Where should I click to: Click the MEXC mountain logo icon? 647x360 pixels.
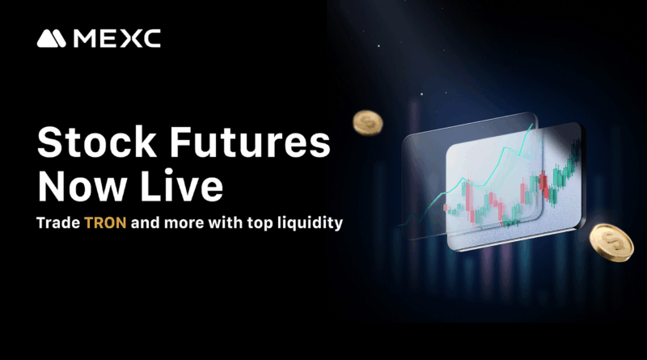point(51,38)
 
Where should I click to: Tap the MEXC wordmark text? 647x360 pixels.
point(116,38)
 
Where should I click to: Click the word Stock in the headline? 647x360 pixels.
point(97,142)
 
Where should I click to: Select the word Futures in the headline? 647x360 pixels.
point(250,142)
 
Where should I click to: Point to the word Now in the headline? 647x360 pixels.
point(82,186)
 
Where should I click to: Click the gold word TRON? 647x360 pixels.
point(105,223)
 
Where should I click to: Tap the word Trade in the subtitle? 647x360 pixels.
point(58,223)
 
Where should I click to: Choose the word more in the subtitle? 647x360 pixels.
point(184,223)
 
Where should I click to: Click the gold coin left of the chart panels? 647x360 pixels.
point(368,123)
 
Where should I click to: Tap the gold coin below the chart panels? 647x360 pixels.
point(611,243)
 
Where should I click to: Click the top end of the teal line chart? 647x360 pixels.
point(532,124)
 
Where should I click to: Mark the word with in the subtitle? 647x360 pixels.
point(226,222)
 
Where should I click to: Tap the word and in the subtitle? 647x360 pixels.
point(146,222)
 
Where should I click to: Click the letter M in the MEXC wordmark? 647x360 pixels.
point(84,38)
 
